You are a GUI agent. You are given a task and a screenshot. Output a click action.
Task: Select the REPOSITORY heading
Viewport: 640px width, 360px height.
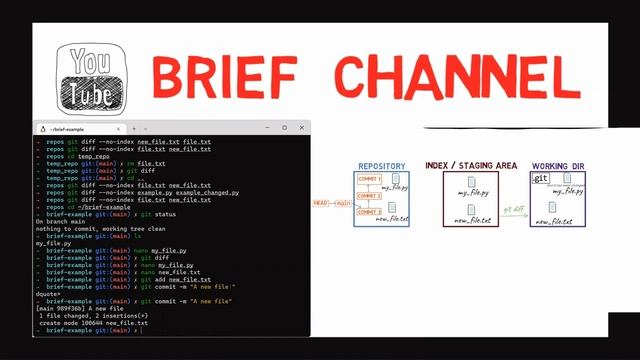[381, 165]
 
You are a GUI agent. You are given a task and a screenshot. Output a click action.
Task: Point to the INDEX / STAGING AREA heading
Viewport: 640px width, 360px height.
[470, 165]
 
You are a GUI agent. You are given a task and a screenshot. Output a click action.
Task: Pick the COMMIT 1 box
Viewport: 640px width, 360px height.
[369, 179]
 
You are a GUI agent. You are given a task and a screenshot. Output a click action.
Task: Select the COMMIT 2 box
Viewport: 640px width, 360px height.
[369, 195]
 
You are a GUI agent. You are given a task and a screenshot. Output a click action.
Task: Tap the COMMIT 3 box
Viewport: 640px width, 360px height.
[369, 211]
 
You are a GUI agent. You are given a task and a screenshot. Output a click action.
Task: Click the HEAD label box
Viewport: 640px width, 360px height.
[320, 203]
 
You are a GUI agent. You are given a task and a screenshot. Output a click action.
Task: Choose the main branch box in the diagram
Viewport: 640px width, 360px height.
[343, 203]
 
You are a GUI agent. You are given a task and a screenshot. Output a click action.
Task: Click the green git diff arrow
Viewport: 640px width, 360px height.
[514, 211]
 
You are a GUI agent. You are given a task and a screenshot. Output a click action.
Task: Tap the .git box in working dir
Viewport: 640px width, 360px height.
[540, 178]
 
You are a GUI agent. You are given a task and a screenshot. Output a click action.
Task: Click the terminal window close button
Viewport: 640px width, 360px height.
[302, 128]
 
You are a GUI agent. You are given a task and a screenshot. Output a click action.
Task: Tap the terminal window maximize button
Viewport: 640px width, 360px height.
[285, 128]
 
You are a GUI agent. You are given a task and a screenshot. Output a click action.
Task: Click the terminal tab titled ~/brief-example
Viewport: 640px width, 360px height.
[80, 128]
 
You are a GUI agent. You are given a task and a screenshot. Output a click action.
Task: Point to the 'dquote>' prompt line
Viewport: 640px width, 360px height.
[47, 294]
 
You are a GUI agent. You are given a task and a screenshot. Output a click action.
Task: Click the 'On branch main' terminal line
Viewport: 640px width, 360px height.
[60, 217]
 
